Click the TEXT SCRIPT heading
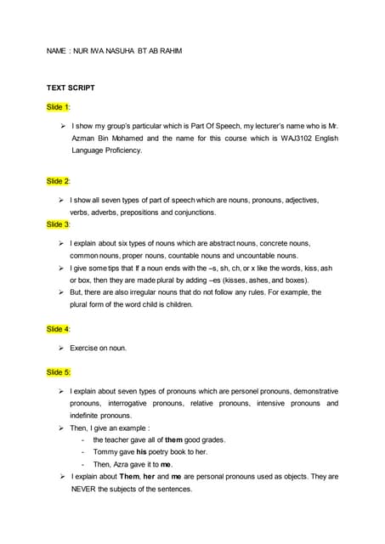click(x=71, y=88)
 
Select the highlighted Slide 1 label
click(x=59, y=107)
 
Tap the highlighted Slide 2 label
click(x=59, y=181)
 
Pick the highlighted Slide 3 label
click(x=59, y=224)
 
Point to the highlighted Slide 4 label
click(x=59, y=328)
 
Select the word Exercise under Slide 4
click(x=86, y=348)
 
